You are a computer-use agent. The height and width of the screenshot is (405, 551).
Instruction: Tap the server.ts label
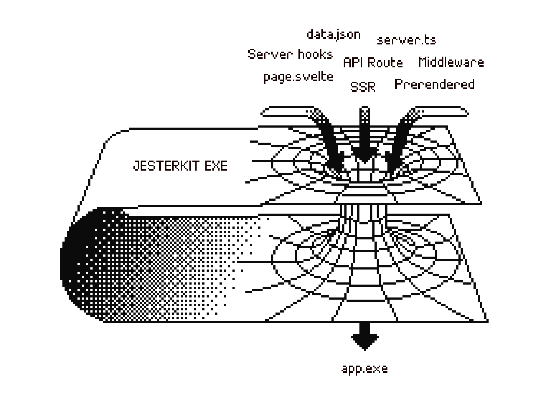pos(406,40)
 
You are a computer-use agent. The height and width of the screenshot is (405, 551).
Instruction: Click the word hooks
pos(315,54)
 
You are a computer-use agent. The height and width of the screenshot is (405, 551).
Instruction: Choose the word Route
pos(385,63)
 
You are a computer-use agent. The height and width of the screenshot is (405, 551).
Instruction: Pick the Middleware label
pos(451,62)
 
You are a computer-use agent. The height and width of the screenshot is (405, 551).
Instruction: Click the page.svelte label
pos(298,77)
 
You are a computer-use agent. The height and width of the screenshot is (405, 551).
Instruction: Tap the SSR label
pos(363,87)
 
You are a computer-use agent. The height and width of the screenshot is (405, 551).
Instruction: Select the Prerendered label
pos(434,84)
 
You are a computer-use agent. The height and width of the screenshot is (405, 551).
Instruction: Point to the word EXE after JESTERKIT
pos(216,166)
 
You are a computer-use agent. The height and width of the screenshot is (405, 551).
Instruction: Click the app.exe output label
pos(364,369)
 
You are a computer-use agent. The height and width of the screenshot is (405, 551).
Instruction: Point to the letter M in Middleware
pos(423,62)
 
